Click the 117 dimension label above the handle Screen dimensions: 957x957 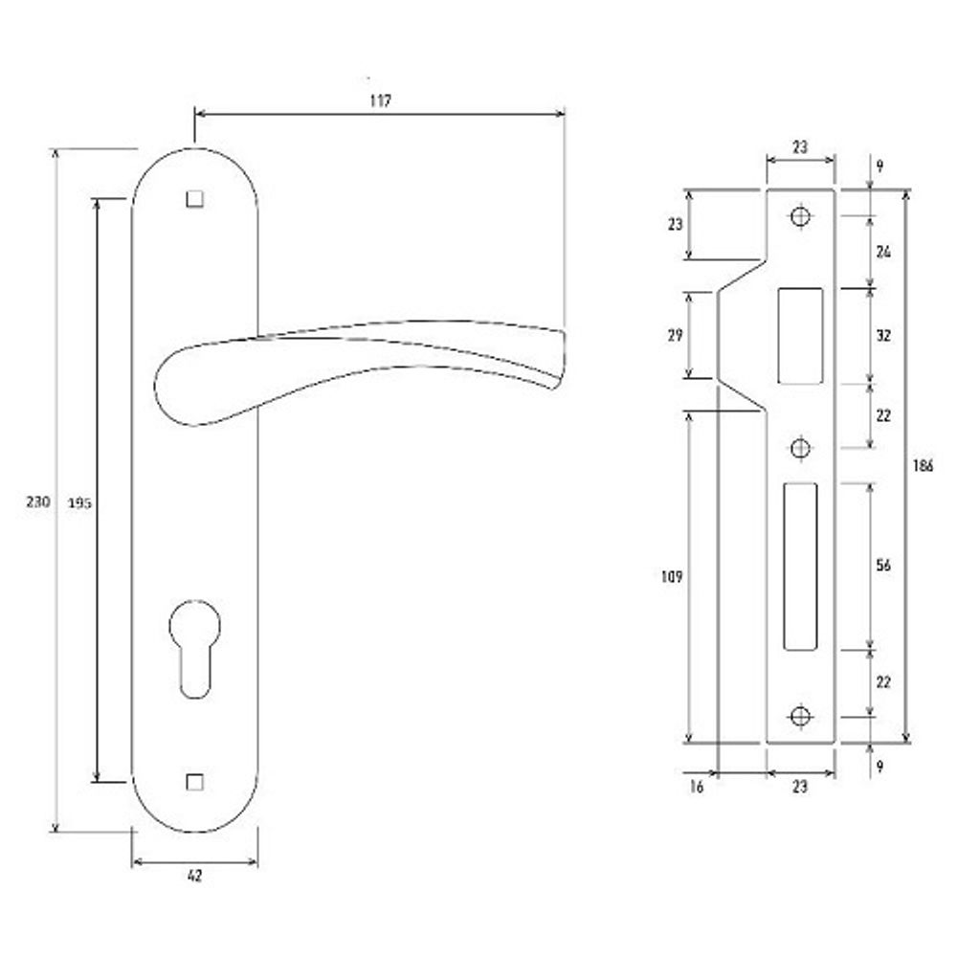click(x=380, y=100)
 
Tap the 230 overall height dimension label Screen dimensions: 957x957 click(x=38, y=501)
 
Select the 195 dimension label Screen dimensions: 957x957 click(x=79, y=503)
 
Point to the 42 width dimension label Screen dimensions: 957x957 click(x=194, y=876)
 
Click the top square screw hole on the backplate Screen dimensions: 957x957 click(x=194, y=200)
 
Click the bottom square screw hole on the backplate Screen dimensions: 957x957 click(x=194, y=782)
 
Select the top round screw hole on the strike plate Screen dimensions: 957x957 click(x=800, y=216)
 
